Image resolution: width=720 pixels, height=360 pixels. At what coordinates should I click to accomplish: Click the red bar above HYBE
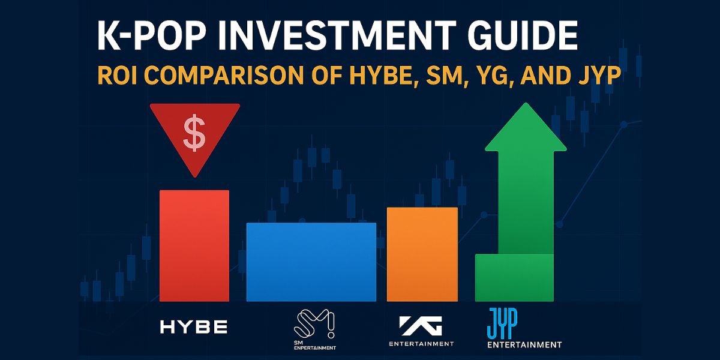[x=194, y=245]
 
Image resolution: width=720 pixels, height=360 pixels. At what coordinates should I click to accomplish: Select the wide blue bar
[x=311, y=262]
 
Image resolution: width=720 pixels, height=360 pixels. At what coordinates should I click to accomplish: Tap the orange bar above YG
[x=422, y=254]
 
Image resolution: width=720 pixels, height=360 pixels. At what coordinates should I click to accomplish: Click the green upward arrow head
[x=526, y=128]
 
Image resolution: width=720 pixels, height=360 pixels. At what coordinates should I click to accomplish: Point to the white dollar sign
[x=194, y=134]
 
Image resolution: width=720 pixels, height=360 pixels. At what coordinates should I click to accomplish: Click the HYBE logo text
[x=194, y=327]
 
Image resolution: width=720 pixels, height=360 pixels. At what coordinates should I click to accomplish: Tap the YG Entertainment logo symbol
[x=422, y=325]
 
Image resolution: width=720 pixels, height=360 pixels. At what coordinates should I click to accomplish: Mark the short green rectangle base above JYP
[x=514, y=277]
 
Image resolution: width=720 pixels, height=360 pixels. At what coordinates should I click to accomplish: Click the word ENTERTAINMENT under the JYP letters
[x=524, y=344]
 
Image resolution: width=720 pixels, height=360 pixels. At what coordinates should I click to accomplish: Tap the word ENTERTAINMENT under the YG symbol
[x=422, y=344]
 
